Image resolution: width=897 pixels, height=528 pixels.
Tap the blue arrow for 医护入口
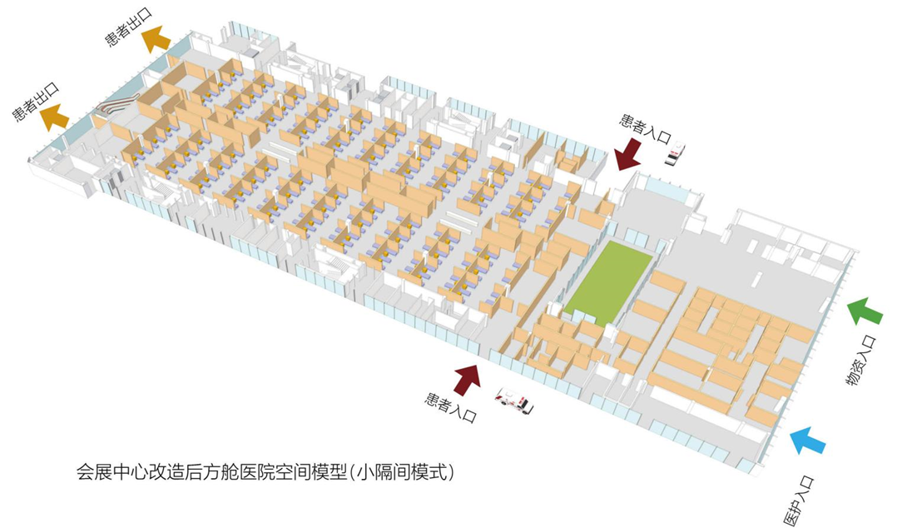click(x=808, y=440)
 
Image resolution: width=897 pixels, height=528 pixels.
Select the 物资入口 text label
click(x=861, y=361)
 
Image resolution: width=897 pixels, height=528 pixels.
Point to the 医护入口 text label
click(x=797, y=501)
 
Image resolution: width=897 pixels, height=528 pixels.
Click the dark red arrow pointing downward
click(x=627, y=153)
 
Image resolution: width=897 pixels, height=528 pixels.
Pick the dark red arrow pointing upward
click(x=468, y=379)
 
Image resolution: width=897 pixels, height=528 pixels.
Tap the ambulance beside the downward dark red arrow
click(x=675, y=153)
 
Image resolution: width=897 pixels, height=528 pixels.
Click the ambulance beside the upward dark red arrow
click(x=514, y=400)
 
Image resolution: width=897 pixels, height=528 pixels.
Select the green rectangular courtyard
click(x=609, y=281)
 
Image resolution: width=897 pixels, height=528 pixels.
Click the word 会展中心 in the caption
click(x=112, y=472)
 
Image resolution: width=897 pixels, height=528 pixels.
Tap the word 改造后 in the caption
click(x=175, y=472)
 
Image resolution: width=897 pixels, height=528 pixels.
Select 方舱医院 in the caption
click(x=237, y=472)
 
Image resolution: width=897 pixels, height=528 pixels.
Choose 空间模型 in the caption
click(x=310, y=472)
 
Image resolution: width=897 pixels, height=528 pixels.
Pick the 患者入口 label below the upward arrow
click(x=451, y=407)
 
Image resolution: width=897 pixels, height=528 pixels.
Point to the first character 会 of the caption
click(x=85, y=472)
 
